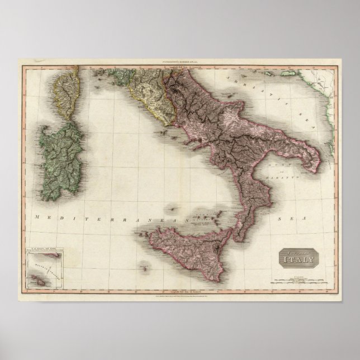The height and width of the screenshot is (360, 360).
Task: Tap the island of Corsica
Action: pyautogui.click(x=67, y=92)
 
